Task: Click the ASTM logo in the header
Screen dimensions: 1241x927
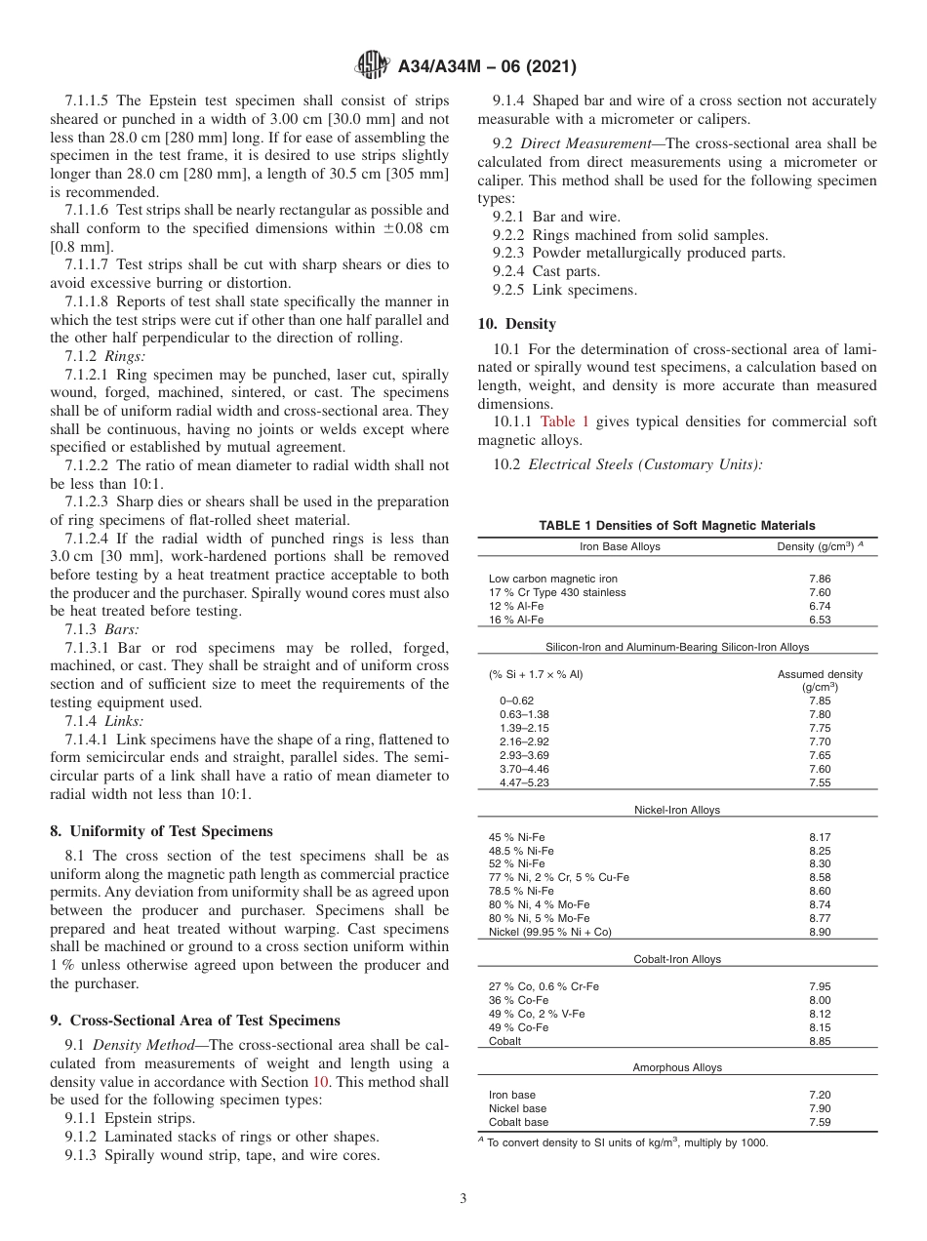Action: tap(373, 66)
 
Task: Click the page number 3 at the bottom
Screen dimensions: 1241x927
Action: tap(463, 1199)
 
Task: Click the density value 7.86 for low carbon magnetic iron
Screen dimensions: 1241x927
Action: tap(820, 579)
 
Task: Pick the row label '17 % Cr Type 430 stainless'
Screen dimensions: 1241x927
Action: tap(557, 592)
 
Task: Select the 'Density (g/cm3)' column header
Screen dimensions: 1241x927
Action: tap(819, 546)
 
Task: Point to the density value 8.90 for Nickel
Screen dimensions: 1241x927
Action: tap(820, 932)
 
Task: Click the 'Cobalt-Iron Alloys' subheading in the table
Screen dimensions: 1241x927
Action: tap(677, 959)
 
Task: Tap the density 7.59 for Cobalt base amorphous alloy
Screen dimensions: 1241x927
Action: tap(820, 1122)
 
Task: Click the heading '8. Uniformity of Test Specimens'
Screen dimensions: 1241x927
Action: tap(161, 831)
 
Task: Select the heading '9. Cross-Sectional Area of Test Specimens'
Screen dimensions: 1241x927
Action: tap(194, 1021)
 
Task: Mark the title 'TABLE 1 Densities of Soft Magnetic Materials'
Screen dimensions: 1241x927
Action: tap(677, 526)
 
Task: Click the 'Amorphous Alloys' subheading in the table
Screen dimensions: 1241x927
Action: tap(677, 1067)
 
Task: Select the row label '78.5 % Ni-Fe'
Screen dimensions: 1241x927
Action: tap(521, 891)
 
